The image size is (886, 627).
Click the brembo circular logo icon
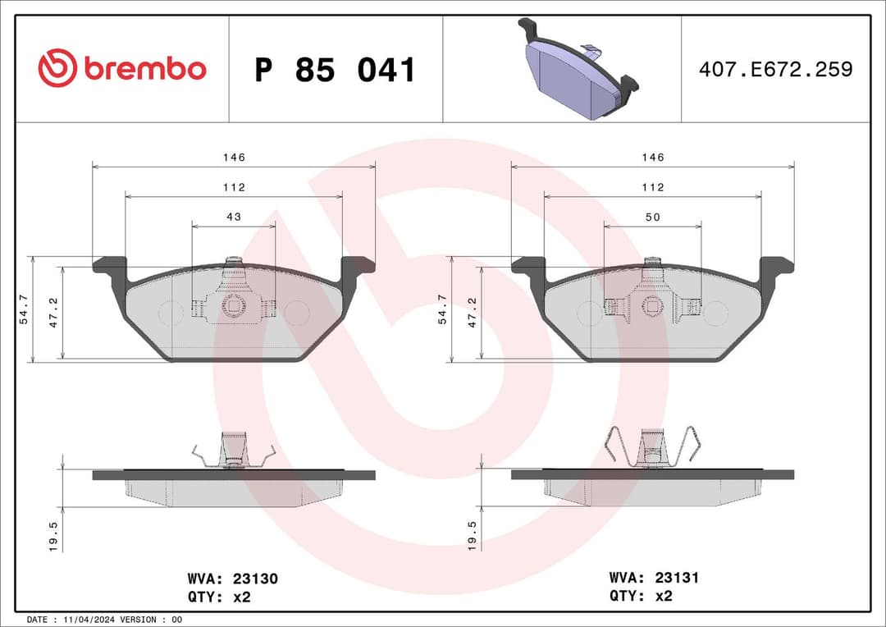coord(57,68)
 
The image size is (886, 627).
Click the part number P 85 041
coord(335,71)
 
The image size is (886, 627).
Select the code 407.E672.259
coord(775,69)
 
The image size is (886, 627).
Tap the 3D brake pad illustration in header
coord(578,71)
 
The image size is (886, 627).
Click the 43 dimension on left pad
coord(234,217)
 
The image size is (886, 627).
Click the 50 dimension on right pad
coord(653,217)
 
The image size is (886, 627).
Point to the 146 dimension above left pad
coord(234,157)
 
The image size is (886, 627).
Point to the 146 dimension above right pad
coord(653,157)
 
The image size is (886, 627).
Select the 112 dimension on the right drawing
coord(653,187)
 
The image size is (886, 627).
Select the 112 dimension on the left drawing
coord(234,187)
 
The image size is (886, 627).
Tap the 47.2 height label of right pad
coord(472,313)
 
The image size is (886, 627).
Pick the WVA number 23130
coord(256,579)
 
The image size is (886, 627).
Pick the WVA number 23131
coord(676,579)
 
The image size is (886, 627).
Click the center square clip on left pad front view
coord(234,306)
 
